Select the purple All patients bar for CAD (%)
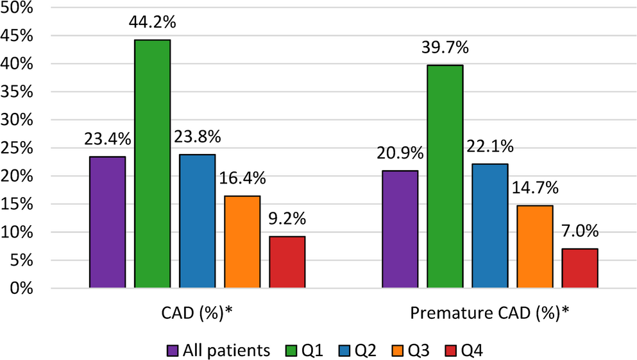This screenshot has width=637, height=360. point(107,222)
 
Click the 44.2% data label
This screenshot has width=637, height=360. point(153,24)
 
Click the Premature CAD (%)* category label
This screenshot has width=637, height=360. point(490,313)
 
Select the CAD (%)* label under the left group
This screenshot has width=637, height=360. point(198,313)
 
